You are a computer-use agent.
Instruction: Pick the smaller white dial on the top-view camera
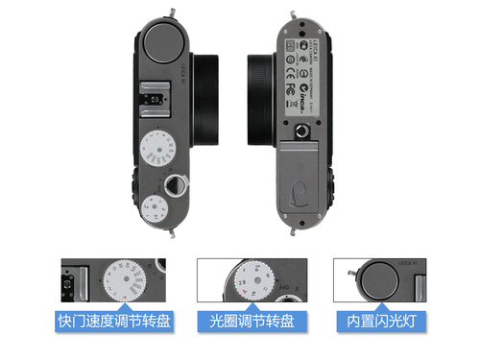156,207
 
